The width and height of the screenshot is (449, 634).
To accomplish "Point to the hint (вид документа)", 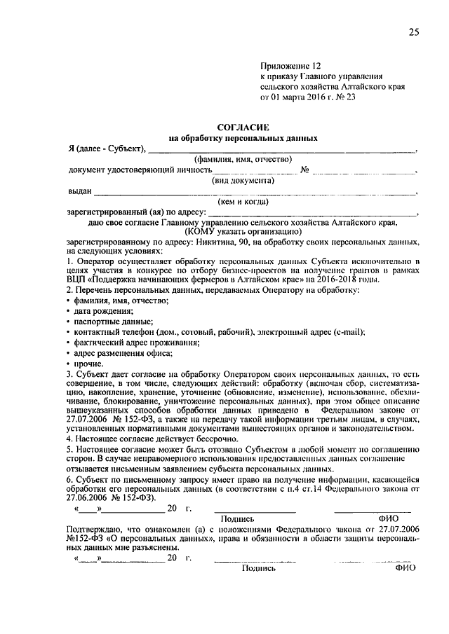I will (x=243, y=180).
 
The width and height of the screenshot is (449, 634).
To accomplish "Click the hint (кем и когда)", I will (x=243, y=202).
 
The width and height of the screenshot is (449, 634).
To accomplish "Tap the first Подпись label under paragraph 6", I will (x=236, y=518).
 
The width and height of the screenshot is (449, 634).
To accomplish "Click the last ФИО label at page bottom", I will (x=406, y=568).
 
